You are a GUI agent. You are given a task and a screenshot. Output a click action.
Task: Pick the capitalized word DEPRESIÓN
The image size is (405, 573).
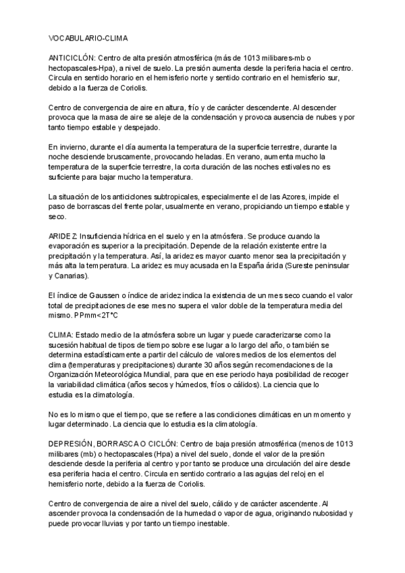click(74, 442)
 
